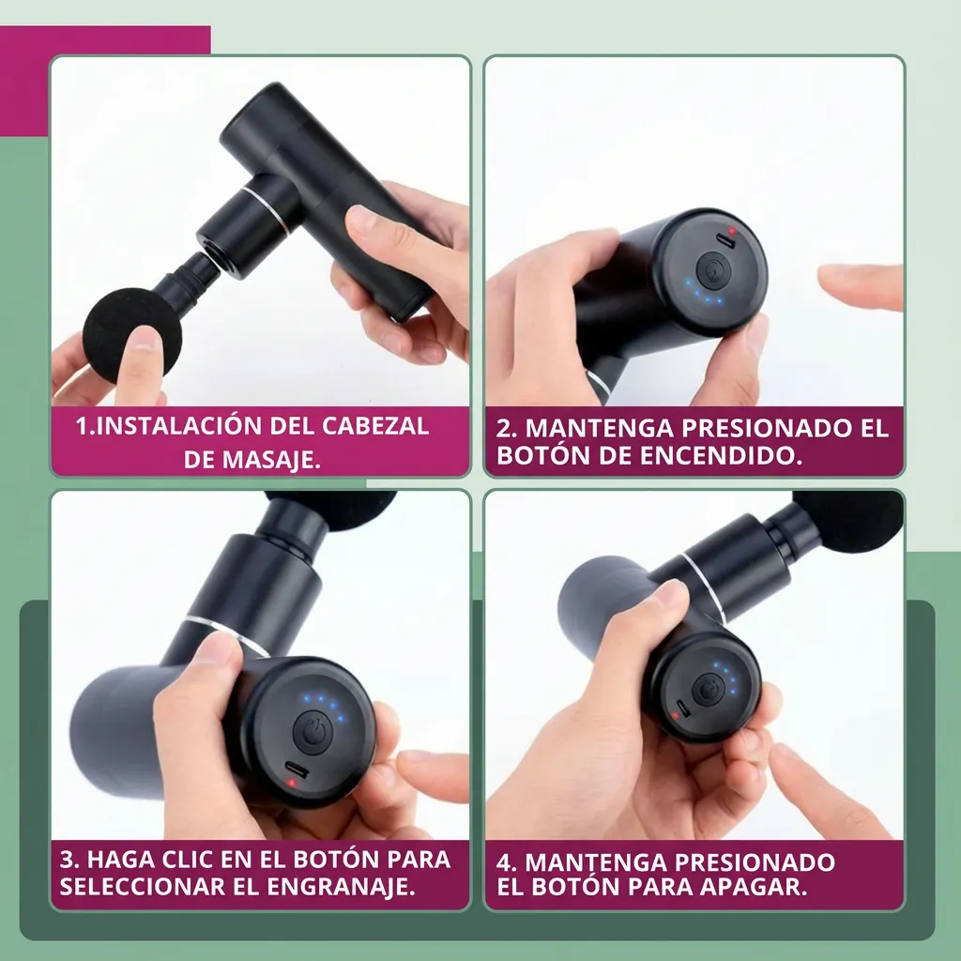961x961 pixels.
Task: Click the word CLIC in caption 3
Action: click(189, 860)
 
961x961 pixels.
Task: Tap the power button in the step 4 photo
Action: click(709, 690)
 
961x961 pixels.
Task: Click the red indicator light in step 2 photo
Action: click(731, 232)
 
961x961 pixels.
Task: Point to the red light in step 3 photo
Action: click(292, 783)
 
